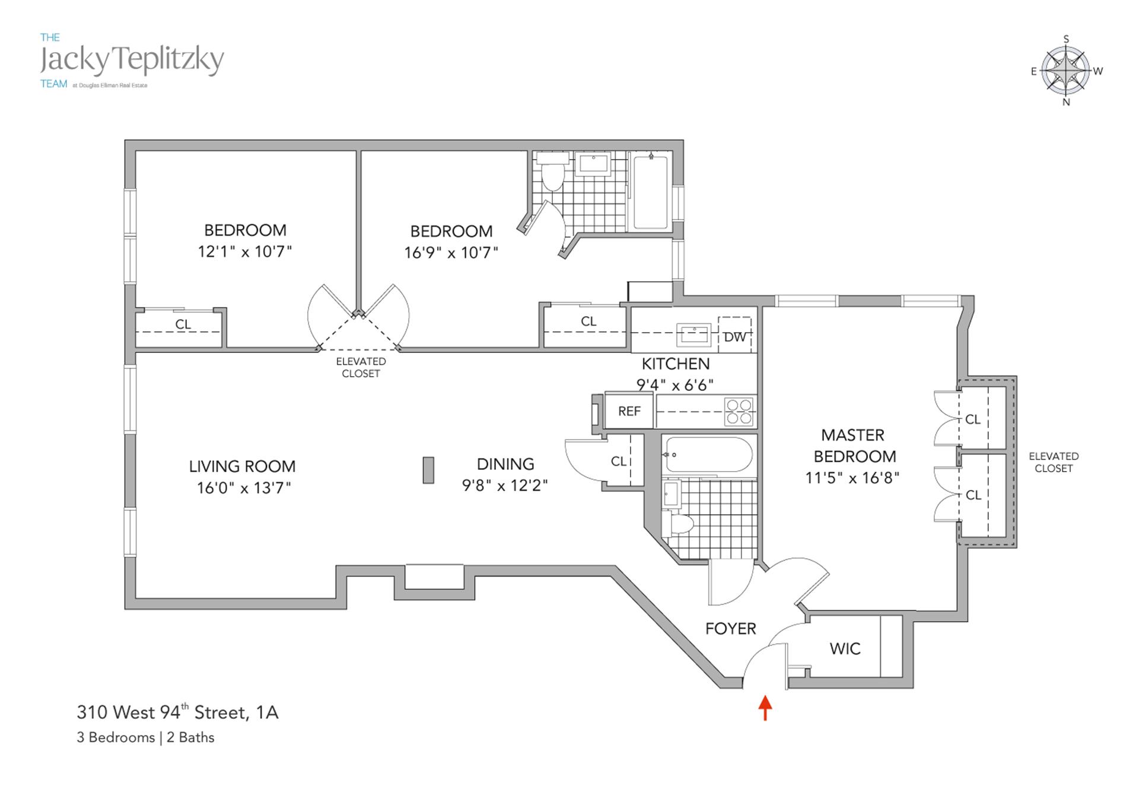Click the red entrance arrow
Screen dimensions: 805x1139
click(765, 707)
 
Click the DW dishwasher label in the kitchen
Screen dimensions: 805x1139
click(734, 337)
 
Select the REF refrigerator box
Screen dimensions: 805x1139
click(629, 411)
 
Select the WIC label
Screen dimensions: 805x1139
click(845, 648)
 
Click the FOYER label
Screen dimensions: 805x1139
click(730, 628)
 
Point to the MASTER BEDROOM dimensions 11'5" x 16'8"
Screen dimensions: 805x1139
click(852, 478)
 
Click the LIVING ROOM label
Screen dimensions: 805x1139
click(242, 466)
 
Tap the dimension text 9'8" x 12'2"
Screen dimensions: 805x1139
click(505, 486)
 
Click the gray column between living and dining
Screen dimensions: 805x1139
click(428, 470)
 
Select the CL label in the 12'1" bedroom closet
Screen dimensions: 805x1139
click(183, 324)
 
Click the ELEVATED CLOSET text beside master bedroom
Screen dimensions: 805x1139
click(1054, 462)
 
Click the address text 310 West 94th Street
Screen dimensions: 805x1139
click(177, 712)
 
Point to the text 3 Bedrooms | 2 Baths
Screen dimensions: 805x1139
click(145, 737)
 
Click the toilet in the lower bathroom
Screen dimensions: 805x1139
click(681, 524)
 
